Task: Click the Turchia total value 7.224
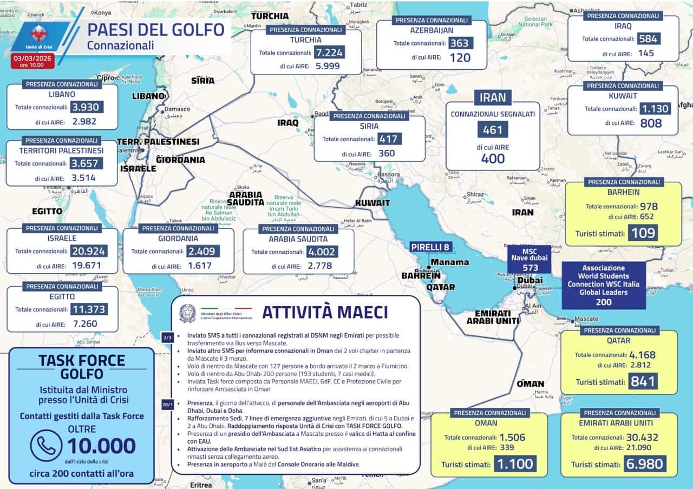[x=329, y=52]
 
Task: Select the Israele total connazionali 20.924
[x=89, y=251]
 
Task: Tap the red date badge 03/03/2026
[x=32, y=60]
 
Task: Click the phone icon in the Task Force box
[x=46, y=445]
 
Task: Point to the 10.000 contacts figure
[x=101, y=446]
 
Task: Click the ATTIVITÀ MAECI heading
[x=325, y=312]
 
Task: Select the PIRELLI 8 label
[x=430, y=247]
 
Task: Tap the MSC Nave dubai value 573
[x=529, y=268]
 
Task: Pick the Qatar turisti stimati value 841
[x=643, y=382]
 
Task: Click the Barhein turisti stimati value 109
[x=643, y=234]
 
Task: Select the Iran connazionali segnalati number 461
[x=493, y=130]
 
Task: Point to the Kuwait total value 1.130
[x=655, y=109]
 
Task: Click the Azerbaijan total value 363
[x=460, y=43]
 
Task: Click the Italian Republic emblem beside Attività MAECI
[x=188, y=313]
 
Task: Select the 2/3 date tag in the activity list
[x=167, y=338]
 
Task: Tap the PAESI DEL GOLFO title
[x=156, y=30]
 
